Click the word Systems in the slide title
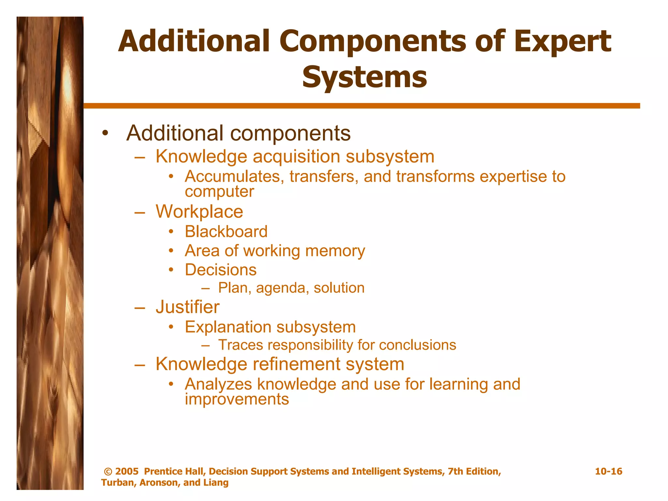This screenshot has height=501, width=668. pos(364,77)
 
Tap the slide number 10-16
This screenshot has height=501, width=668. pos(608,471)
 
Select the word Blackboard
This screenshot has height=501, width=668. pos(226,232)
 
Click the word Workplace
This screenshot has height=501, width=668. pos(199,212)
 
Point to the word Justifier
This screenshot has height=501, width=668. pos(188,307)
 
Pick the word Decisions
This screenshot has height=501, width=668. pos(220,270)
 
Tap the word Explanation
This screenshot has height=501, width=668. pos(228,327)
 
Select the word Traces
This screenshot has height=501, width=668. pos(240,345)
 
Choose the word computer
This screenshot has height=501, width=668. pos(219,191)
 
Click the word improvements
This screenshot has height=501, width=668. pos(237,399)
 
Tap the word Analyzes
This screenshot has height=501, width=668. pos(218,384)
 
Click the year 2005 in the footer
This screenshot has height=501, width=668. pos(127,471)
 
